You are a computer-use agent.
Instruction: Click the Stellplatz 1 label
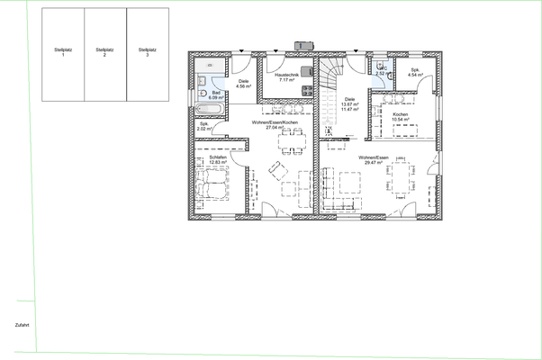(62, 53)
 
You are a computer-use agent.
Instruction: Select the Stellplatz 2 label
(104, 53)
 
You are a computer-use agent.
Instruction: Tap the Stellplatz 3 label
(146, 53)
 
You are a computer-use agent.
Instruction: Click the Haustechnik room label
(288, 79)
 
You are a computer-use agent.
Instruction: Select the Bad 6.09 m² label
(216, 95)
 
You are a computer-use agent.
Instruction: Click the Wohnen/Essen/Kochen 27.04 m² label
(274, 126)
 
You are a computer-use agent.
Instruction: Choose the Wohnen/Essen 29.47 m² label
(373, 160)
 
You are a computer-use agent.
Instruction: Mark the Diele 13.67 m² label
(349, 103)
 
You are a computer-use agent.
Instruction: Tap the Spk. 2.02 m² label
(203, 126)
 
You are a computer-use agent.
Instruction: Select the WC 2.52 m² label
(381, 71)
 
